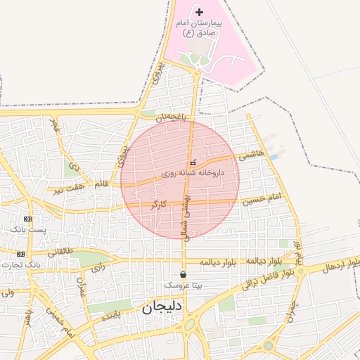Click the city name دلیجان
tap(162, 307)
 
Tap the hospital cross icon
tap(199, 12)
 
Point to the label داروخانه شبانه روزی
tap(192, 172)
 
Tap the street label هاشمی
tap(252, 153)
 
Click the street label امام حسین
tap(262, 200)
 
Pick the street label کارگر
tap(158, 205)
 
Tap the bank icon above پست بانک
tap(27, 219)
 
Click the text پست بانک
tap(28, 230)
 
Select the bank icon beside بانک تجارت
tap(21, 254)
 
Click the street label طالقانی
tap(60, 250)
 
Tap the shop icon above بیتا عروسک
tap(184, 274)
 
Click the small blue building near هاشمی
tap(274, 156)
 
